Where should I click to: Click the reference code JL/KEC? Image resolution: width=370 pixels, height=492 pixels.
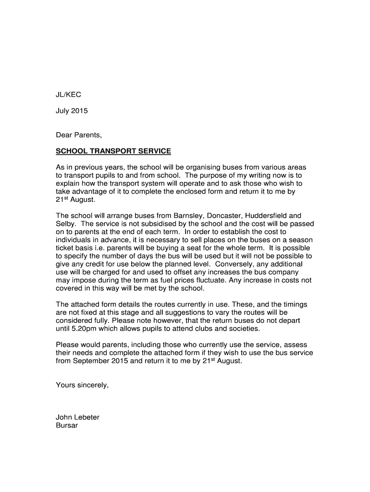tap(69, 95)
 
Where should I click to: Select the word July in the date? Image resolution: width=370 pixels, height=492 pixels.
tap(64, 111)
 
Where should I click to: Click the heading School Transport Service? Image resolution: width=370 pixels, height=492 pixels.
tap(113, 151)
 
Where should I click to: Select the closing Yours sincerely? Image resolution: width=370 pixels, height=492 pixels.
tap(83, 385)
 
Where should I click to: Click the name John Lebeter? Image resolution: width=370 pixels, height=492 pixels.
tap(78, 418)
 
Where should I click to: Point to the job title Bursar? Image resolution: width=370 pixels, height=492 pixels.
tap(67, 426)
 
